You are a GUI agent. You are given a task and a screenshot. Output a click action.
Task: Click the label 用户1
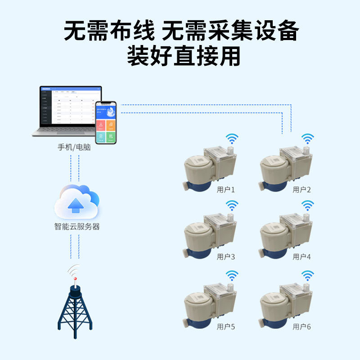(x=226, y=190)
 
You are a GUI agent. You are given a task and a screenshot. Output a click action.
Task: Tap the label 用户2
(x=302, y=190)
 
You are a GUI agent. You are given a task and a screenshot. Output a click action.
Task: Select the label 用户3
(x=226, y=257)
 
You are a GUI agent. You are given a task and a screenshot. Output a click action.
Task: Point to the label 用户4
(x=302, y=257)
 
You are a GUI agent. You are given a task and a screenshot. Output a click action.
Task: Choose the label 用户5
(x=226, y=327)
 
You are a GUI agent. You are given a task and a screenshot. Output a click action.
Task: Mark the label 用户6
(x=302, y=327)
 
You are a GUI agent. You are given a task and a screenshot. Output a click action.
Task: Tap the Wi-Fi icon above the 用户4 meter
(x=307, y=206)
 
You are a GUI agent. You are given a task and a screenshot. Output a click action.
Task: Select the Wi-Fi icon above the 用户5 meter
(x=232, y=275)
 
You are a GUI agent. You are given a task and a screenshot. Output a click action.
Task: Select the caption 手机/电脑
(x=74, y=147)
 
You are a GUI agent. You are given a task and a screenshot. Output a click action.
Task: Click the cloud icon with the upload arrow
(x=76, y=202)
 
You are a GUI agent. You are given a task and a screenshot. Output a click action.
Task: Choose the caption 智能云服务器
(x=77, y=227)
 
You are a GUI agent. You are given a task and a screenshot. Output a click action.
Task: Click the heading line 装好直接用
(x=180, y=56)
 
